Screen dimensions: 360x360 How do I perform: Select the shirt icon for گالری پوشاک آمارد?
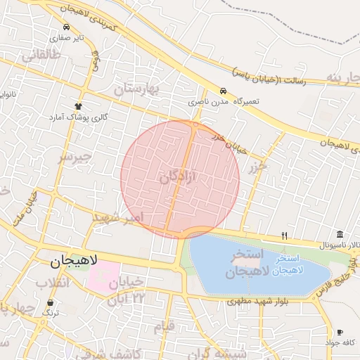[x=79, y=105]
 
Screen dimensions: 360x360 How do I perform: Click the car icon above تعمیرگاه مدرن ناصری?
[x=222, y=91]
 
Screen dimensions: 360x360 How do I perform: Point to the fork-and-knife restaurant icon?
[x=284, y=235]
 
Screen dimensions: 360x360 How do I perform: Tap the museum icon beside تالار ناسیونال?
[x=340, y=234]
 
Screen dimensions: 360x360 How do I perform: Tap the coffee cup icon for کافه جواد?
[x=340, y=332]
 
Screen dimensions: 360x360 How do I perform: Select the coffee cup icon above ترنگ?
[x=50, y=302]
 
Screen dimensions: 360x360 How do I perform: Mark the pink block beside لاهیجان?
[x=102, y=276]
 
